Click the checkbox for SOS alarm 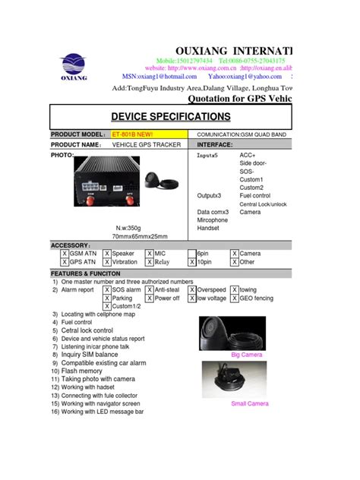[107, 290]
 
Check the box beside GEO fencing [234, 298]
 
